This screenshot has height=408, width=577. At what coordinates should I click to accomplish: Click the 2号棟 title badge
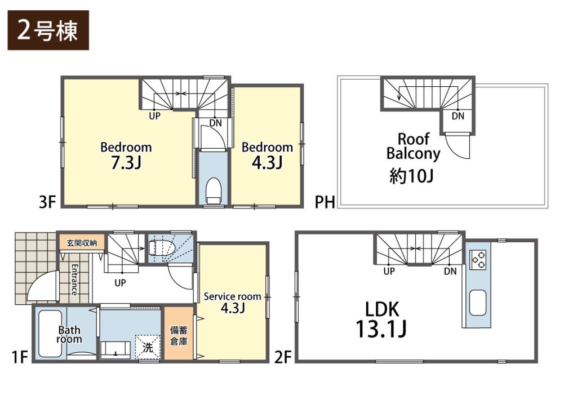[48, 30]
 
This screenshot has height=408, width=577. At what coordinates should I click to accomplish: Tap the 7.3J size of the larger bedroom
[126, 162]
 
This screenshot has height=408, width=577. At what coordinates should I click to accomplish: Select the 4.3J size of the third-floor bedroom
[267, 162]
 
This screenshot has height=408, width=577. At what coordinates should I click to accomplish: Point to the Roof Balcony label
[413, 147]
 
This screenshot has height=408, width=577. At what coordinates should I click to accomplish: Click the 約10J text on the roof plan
[411, 176]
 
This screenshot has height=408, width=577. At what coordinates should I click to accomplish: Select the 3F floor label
[47, 202]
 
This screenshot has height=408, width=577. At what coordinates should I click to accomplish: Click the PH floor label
[325, 202]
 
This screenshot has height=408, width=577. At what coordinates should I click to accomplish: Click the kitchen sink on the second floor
[478, 303]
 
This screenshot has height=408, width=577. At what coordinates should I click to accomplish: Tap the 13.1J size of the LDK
[381, 329]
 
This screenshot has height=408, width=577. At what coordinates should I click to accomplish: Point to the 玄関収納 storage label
[82, 243]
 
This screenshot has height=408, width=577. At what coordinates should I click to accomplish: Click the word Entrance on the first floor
[74, 280]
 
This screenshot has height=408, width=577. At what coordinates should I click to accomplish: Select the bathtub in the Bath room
[50, 333]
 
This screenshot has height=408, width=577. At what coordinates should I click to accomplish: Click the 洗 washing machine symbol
[148, 347]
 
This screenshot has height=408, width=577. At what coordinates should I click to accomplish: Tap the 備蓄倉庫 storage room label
[179, 335]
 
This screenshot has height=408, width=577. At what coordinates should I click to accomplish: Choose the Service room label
[233, 296]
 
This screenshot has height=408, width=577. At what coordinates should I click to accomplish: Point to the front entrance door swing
[41, 287]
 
